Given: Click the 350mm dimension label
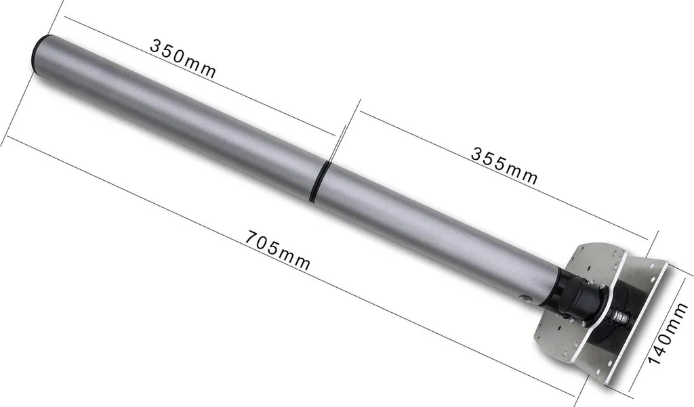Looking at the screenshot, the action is [x=183, y=58].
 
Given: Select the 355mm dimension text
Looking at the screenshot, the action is [x=504, y=165].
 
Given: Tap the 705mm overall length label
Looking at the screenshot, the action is [x=277, y=250].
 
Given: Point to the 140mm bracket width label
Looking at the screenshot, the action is [x=668, y=333].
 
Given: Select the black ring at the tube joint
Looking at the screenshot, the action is [x=320, y=181].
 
